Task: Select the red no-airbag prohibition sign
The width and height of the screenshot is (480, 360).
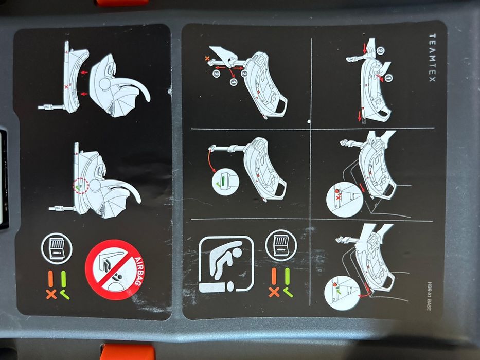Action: click(x=113, y=270)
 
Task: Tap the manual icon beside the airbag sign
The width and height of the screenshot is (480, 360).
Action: click(x=57, y=248)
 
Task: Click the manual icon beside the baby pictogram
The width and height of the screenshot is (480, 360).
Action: click(x=281, y=244)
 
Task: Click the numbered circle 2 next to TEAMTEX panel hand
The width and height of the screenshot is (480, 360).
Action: click(x=380, y=50)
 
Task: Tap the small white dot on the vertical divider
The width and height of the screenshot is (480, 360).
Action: click(x=307, y=122)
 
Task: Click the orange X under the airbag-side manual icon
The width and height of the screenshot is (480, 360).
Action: click(x=51, y=294)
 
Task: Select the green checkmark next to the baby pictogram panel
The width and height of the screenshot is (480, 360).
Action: click(x=288, y=292)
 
